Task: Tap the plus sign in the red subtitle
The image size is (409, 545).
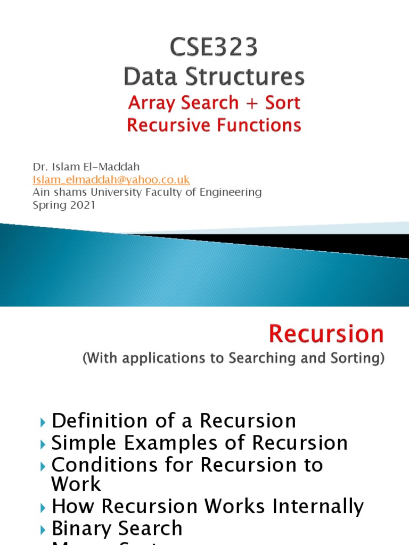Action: pyautogui.click(x=247, y=103)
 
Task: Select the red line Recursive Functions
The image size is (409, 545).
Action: pyautogui.click(x=214, y=125)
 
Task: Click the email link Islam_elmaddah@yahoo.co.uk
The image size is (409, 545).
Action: pyautogui.click(x=111, y=179)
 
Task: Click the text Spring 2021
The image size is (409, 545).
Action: pyautogui.click(x=64, y=205)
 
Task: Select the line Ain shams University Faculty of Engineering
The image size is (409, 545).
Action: pyautogui.click(x=147, y=192)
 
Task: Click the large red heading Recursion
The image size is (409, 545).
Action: pyautogui.click(x=326, y=334)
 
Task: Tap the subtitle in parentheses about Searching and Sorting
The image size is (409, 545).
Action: pyautogui.click(x=233, y=359)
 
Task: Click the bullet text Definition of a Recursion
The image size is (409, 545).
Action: pyautogui.click(x=174, y=421)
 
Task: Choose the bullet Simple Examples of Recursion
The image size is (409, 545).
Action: pyautogui.click(x=200, y=443)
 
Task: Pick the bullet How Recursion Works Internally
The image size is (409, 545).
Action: pyautogui.click(x=208, y=506)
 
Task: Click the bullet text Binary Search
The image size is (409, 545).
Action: pyautogui.click(x=117, y=528)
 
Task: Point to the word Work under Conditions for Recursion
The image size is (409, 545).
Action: pyautogui.click(x=76, y=484)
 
